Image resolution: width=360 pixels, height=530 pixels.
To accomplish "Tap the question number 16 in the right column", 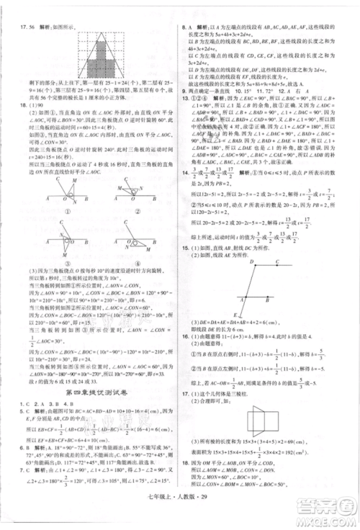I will tap(187, 336).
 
